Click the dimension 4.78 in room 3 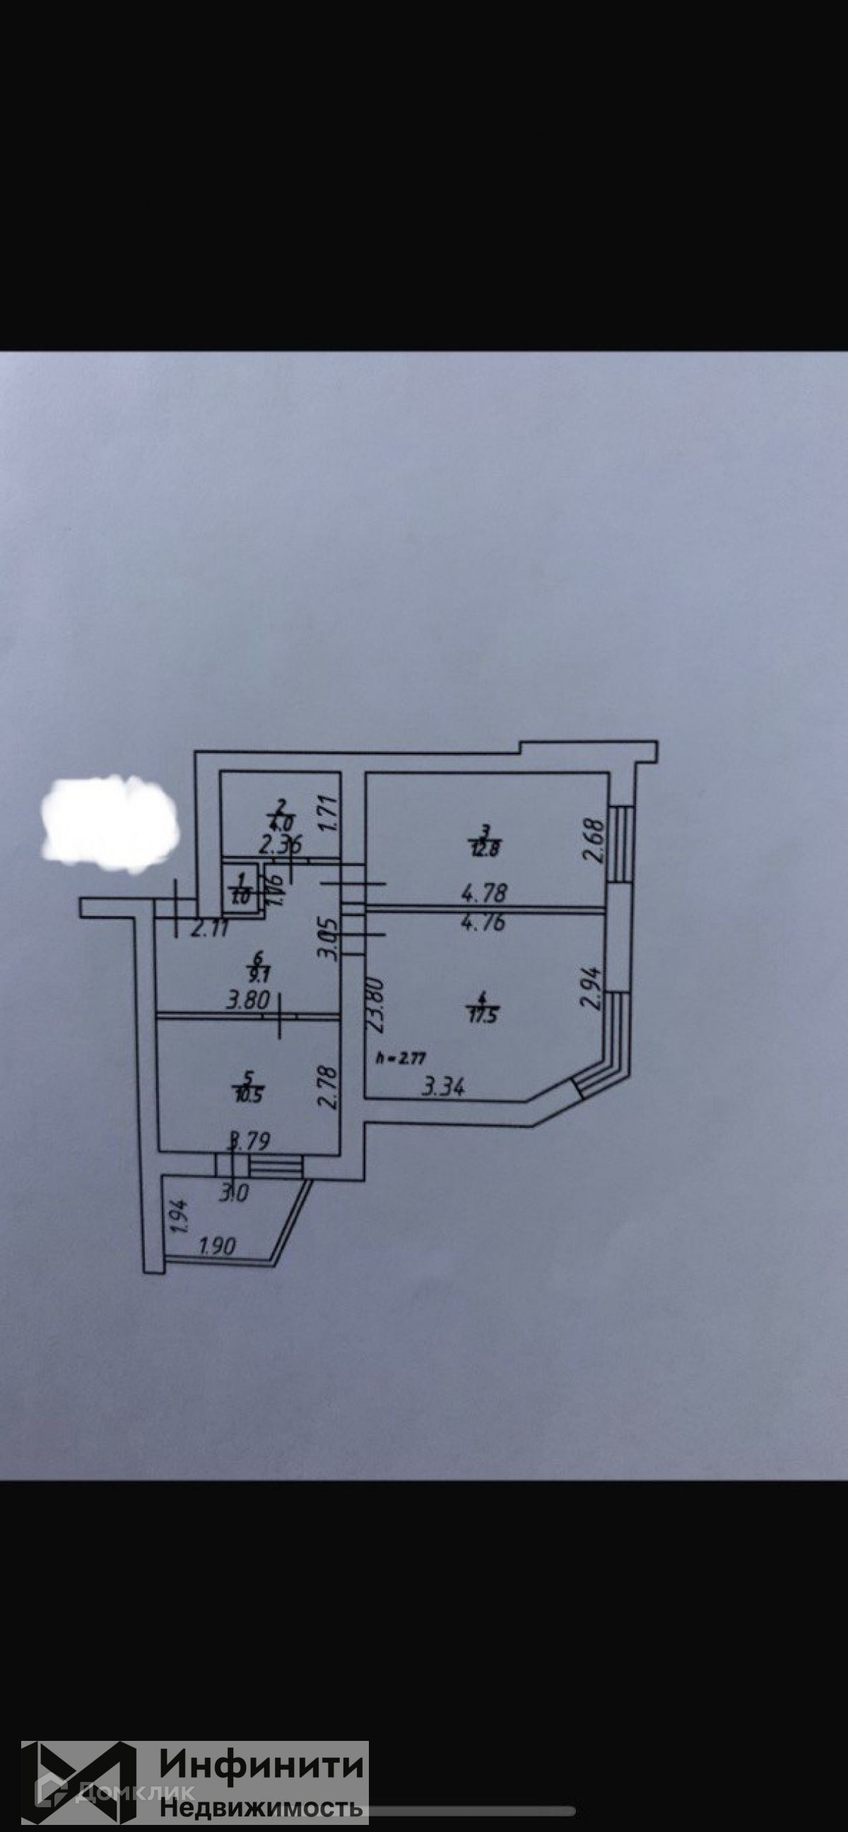click(484, 892)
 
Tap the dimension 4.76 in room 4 click(484, 923)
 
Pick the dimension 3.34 click(444, 1088)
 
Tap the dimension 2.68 click(594, 841)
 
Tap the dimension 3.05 click(328, 940)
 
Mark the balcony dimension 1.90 click(217, 1246)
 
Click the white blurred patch click(110, 823)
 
